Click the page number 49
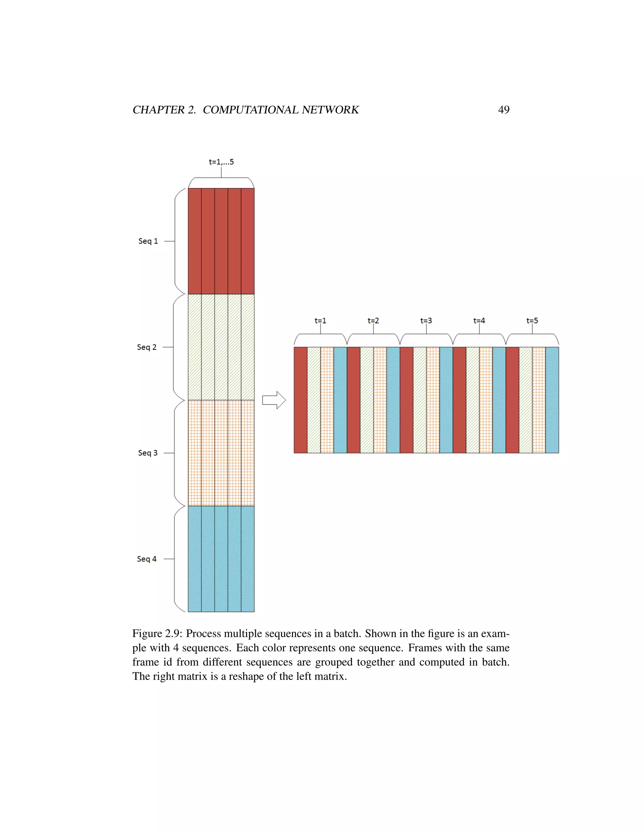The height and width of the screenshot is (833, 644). pos(504,110)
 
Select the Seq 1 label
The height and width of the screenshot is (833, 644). pos(148,241)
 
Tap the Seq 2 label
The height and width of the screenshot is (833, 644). pos(147,347)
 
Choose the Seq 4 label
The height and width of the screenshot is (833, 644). pos(147,559)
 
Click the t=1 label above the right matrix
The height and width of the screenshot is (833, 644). pos(320,321)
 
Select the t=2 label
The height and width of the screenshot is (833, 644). pos(373,321)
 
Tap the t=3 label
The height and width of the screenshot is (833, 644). pos(426,321)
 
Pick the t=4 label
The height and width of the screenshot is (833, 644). pos(479,321)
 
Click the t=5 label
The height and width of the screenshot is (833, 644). pos(532,321)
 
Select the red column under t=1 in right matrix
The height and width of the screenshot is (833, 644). pos(301,400)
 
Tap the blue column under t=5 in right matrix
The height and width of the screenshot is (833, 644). pos(552,400)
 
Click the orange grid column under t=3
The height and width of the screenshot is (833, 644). pos(433,400)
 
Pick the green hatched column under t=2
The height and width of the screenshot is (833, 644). pos(367,400)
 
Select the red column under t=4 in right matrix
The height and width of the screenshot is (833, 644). pos(459,400)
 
